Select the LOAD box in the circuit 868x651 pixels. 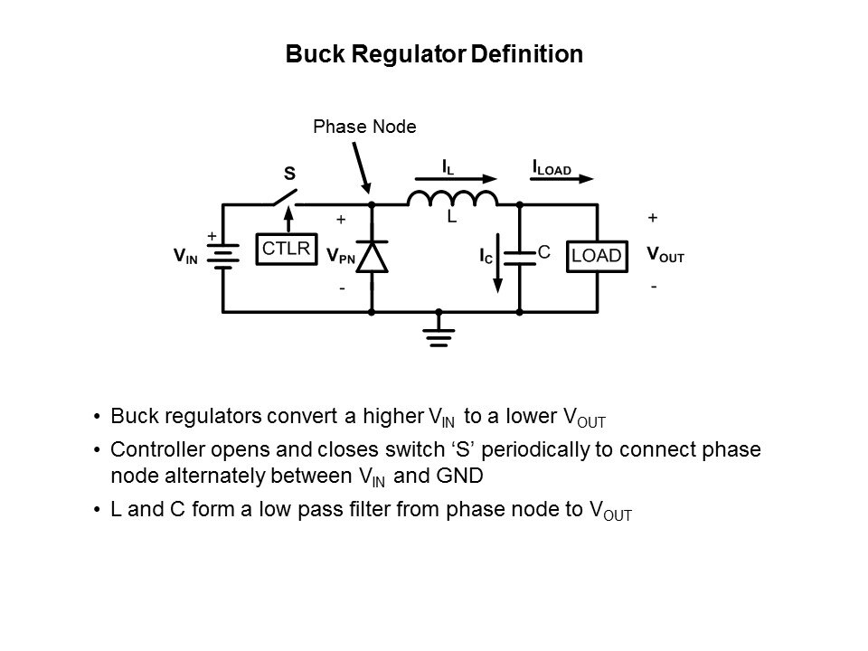597,256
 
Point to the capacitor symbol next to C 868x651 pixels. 520,257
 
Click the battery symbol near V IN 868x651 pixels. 222,257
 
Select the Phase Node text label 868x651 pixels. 364,127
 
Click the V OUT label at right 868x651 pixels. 665,255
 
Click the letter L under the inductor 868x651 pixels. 451,218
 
